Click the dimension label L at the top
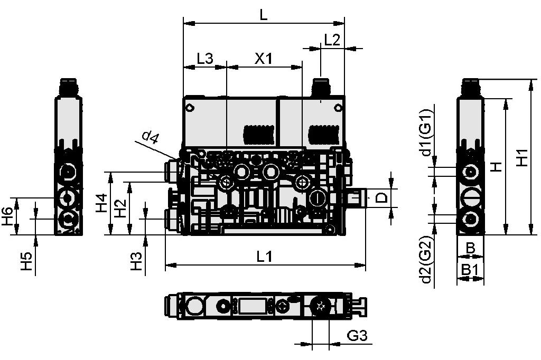(264, 15)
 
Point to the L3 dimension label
(204, 59)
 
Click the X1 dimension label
(264, 59)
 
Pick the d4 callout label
(150, 138)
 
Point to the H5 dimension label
(27, 262)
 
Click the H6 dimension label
(7, 216)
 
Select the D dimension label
(381, 199)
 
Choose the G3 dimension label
(357, 336)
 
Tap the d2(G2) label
(427, 260)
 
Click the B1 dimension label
(470, 270)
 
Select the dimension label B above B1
(470, 247)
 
